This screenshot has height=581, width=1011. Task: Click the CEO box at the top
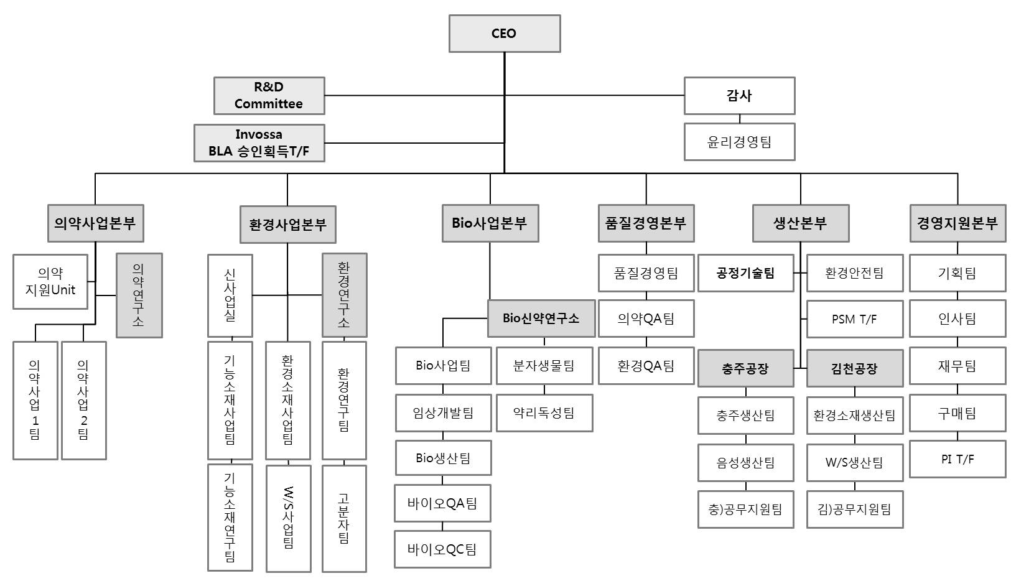504,34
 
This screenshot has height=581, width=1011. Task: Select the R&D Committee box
269,96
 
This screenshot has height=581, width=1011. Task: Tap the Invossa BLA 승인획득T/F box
259,143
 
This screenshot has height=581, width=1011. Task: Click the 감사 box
739,96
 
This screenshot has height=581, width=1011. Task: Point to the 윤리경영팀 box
739,142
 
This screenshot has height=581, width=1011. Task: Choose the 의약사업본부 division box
95,223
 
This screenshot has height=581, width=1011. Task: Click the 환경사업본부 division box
287,225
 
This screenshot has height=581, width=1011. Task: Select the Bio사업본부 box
490,223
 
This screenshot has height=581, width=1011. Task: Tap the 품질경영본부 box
646,223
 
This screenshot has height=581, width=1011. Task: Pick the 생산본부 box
800,223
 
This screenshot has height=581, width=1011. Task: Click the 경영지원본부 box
957,223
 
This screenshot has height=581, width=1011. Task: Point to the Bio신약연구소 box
541,318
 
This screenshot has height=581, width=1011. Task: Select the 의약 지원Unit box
50,282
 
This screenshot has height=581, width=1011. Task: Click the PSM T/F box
854,319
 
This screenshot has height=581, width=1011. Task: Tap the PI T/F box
957,460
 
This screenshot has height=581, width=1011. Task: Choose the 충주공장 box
745,368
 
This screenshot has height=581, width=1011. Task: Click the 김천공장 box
854,368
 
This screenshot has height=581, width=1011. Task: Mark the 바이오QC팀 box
442,549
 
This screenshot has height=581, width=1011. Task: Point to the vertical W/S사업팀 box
288,518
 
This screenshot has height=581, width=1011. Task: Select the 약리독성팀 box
544,413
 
